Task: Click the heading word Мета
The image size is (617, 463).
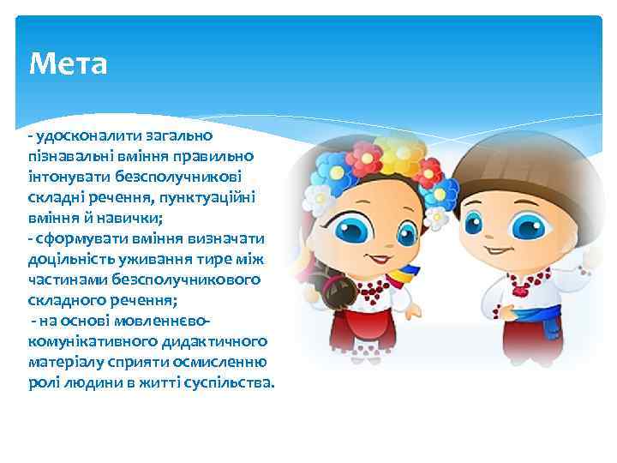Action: [68, 63]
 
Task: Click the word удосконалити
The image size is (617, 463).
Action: [81, 135]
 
